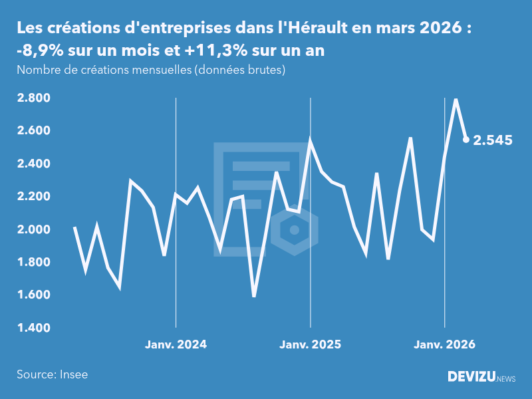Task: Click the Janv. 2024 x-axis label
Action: point(176,344)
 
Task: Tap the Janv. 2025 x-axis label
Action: point(310,344)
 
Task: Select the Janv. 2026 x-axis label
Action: point(445,344)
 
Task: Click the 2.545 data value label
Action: point(493,140)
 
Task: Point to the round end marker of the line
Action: point(466,140)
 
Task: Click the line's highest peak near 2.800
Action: point(456,100)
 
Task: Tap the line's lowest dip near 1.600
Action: point(254,296)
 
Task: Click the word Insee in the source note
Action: point(73,374)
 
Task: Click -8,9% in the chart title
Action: point(39,51)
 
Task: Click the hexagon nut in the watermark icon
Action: point(294,231)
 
